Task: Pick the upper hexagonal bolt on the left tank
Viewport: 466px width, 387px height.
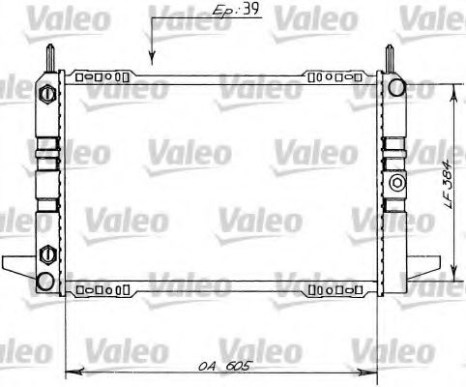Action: click(x=46, y=94)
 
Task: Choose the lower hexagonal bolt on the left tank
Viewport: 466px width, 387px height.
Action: click(x=46, y=255)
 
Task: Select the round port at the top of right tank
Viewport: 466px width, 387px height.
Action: click(x=396, y=87)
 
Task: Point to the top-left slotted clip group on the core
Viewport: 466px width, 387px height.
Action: click(x=101, y=74)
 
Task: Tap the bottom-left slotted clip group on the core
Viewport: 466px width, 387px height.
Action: click(x=101, y=288)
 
